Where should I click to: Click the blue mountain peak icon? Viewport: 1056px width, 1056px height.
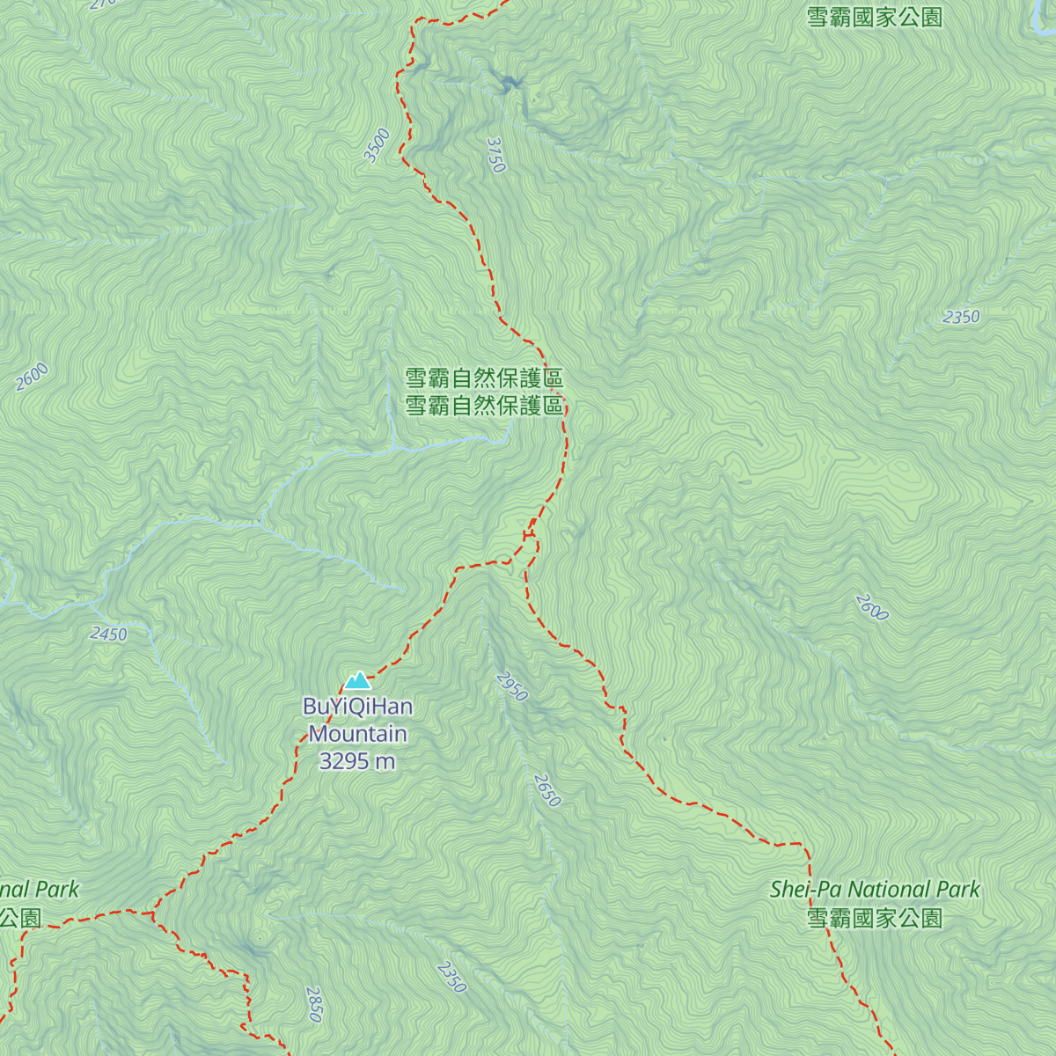357,680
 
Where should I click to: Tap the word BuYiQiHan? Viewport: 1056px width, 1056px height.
357,707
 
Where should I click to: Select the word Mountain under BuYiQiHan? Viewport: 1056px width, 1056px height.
357,734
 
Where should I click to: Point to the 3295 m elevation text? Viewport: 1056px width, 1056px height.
357,761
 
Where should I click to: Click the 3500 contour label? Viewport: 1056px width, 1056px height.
377,145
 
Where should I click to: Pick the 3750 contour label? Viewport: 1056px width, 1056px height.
496,155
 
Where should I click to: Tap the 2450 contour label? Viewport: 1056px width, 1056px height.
108,634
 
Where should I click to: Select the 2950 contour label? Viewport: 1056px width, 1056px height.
511,686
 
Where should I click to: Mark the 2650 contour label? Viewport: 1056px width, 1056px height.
546,790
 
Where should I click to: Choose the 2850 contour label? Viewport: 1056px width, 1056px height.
314,1004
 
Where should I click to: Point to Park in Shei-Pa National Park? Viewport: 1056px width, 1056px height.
958,890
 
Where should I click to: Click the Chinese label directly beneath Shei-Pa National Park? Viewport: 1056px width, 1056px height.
875,919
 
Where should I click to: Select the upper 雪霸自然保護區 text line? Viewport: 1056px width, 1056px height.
484,378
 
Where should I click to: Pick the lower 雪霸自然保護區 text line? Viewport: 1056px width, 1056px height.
484,406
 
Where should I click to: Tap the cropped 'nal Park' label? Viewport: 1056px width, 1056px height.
40,890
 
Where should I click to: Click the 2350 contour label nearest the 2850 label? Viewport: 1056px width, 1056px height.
451,977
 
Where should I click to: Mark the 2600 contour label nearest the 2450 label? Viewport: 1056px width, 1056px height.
32,377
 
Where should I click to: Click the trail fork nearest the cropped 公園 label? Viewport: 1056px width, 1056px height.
154,913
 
